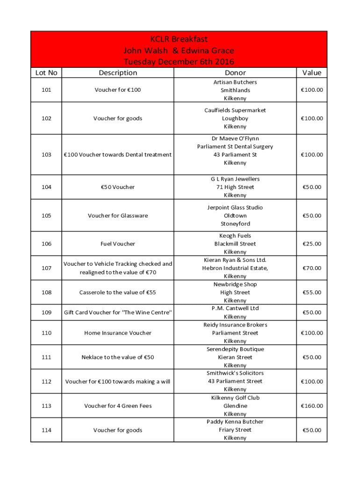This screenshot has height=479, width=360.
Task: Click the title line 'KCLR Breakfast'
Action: pos(179,39)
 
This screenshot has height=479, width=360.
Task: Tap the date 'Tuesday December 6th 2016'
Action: pos(179,62)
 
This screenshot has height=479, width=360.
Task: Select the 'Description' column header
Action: pos(118,73)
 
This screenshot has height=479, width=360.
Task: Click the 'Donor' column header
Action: pos(235,73)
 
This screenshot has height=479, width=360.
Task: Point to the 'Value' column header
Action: pos(312,73)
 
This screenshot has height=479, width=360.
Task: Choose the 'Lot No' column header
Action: pos(46,73)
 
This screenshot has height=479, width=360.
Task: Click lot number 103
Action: pos(46,155)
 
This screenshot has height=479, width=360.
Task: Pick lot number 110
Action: pos(46,333)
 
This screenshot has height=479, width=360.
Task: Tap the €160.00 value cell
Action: pos(312,406)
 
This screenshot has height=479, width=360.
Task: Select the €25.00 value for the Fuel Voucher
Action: pos(312,244)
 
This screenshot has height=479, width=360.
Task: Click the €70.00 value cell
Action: pos(312,268)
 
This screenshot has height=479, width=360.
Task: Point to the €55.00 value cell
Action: pos(312,292)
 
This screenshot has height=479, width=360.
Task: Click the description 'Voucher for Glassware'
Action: pos(118,216)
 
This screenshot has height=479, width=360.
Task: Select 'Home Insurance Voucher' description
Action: pos(118,333)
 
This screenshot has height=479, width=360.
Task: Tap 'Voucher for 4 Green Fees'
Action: pos(118,406)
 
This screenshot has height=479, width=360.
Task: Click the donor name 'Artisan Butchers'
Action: pos(235,82)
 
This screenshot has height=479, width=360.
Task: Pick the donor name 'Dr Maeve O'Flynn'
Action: pos(235,138)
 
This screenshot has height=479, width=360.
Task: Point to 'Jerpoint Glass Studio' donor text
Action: pos(235,208)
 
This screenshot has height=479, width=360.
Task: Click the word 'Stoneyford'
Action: pos(235,224)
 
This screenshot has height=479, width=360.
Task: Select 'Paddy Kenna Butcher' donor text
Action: pos(235,422)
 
